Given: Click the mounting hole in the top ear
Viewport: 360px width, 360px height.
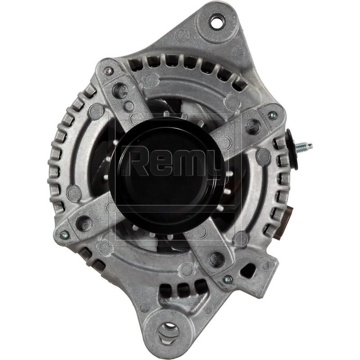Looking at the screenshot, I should (216, 21).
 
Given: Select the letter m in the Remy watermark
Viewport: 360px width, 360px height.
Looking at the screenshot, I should (186, 163).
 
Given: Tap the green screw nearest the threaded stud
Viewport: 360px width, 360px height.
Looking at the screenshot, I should (272, 116).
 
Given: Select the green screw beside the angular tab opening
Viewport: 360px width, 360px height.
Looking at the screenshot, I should (228, 279).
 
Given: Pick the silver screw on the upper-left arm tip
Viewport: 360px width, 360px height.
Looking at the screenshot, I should (108, 71).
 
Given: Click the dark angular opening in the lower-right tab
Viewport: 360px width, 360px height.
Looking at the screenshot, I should (248, 270).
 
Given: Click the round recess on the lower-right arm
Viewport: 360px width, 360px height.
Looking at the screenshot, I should (216, 258).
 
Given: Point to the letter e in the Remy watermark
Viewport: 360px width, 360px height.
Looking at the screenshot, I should (161, 163).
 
